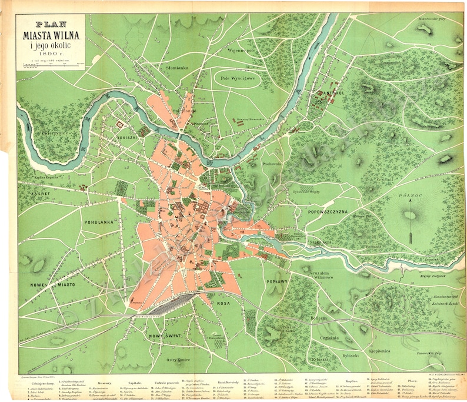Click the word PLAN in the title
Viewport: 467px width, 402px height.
pos(51,25)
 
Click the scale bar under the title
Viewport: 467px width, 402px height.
pos(50,61)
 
